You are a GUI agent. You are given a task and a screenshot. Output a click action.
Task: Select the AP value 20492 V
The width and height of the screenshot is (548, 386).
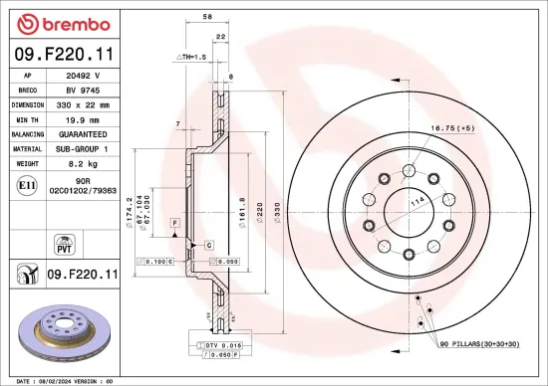click(x=81, y=75)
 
